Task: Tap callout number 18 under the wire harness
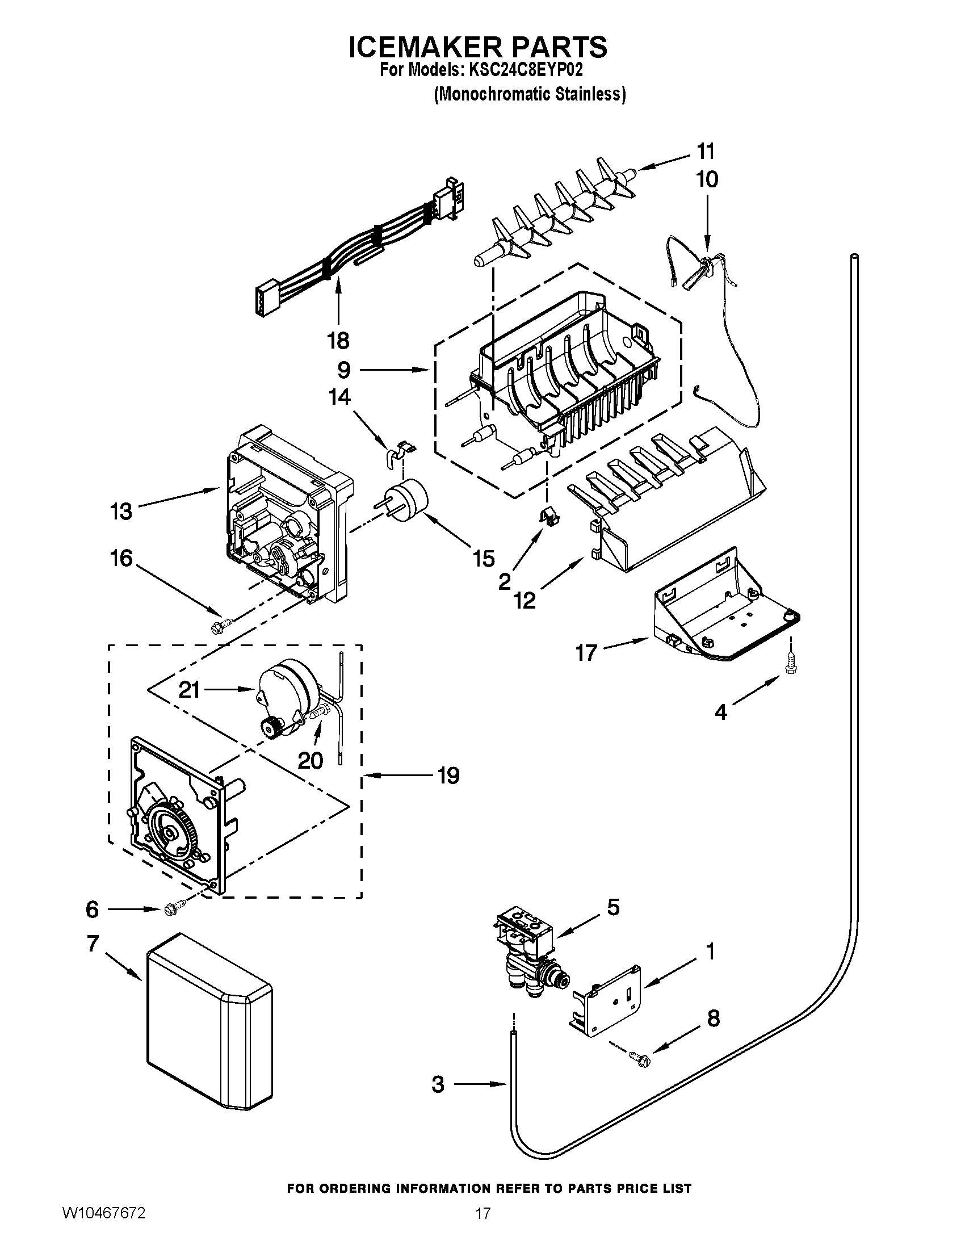pos(338,341)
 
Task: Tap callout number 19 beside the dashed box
pos(450,776)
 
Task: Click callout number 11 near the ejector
pos(706,152)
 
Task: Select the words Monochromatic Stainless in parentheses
pos(530,94)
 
